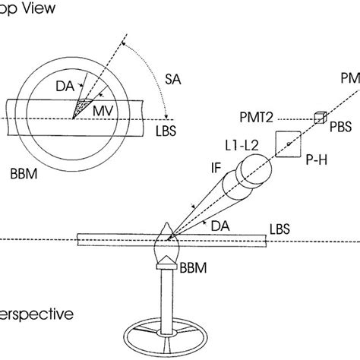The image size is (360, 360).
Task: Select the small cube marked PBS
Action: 319,117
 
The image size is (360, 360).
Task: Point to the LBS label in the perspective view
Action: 280,226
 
